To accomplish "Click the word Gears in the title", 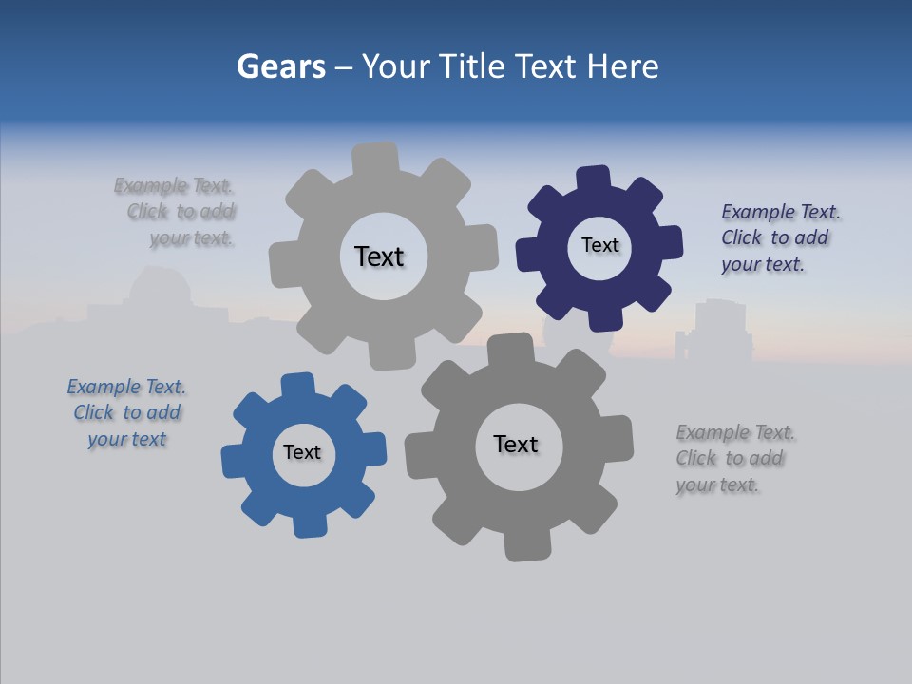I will click(x=281, y=66).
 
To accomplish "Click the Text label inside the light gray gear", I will click(x=379, y=256).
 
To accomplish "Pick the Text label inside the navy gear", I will click(x=599, y=245).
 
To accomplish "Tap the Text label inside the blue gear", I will click(x=302, y=452).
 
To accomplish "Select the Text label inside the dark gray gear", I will click(x=516, y=444).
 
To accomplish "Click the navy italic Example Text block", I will click(x=780, y=237).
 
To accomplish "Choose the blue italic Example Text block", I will click(x=126, y=412).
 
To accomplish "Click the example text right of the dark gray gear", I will click(x=734, y=458).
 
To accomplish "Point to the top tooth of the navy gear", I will click(x=594, y=179).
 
